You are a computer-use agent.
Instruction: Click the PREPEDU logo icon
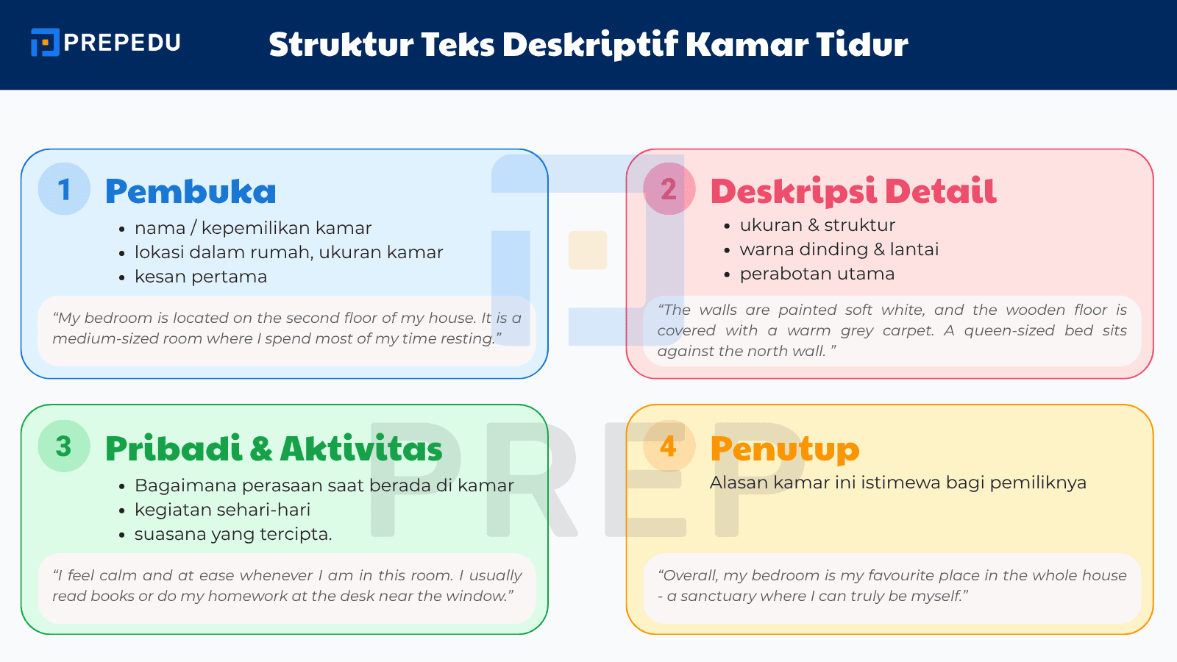45,43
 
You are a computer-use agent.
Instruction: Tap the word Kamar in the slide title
747,44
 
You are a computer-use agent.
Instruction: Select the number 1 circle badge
64,189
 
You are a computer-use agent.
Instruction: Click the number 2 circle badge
669,189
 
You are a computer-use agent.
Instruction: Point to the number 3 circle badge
64,446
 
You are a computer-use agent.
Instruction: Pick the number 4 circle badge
669,446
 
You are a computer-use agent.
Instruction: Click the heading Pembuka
191,191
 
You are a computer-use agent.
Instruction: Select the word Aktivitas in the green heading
361,449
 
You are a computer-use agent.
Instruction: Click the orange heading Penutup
784,449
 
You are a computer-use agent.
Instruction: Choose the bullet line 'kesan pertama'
200,277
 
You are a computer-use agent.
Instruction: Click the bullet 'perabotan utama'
817,274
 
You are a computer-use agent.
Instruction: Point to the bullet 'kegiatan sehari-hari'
222,510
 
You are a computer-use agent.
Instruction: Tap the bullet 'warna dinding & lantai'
839,249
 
